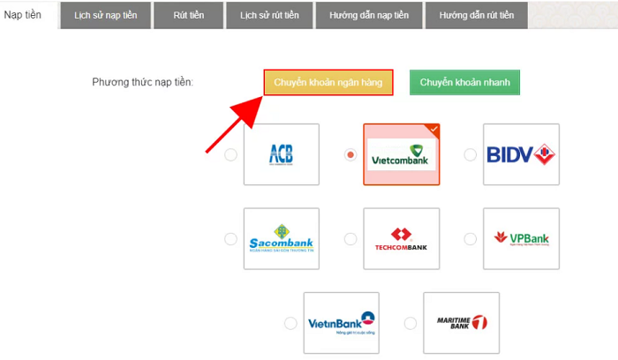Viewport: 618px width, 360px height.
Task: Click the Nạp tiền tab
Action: point(23,16)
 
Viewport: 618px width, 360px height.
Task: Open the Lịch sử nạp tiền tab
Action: point(105,16)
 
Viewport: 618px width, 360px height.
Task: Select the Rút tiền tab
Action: point(188,16)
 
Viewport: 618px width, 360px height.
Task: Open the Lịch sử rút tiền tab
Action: point(268,16)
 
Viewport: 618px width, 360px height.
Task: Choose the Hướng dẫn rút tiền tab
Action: point(477,16)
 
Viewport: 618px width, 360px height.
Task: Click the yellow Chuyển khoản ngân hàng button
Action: point(328,82)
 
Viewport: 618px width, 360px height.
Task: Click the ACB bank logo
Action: point(281,155)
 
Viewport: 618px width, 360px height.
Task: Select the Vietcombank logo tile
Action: point(401,155)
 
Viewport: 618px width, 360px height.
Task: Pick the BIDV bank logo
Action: point(521,155)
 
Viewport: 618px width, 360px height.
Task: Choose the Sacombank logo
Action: point(281,238)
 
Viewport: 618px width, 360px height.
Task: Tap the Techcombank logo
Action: point(401,238)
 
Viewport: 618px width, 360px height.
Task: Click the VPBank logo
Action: point(521,238)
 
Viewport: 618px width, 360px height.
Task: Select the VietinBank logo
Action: point(341,323)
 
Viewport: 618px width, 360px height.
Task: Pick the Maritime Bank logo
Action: point(461,323)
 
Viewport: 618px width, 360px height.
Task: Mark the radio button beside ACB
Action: point(230,155)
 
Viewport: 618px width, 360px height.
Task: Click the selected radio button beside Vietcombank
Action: point(350,155)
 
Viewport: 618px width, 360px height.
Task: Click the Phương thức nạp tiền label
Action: point(142,82)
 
